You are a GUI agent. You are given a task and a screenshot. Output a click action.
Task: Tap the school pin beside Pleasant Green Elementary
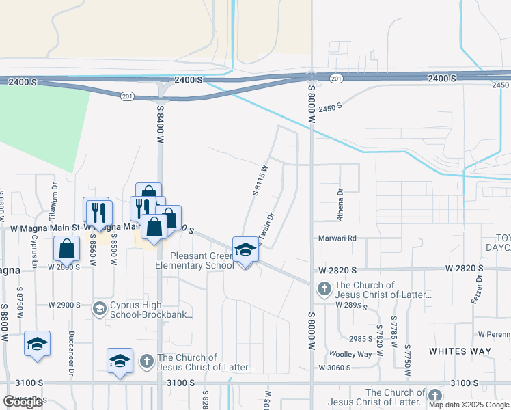[x=245, y=251]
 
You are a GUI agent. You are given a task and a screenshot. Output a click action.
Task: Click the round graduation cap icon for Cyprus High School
[x=99, y=309]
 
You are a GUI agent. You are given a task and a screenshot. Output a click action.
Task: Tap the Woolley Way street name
[x=350, y=354]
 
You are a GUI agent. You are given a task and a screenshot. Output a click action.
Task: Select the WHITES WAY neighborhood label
[x=460, y=351]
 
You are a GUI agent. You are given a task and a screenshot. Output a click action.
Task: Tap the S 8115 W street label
[x=260, y=180]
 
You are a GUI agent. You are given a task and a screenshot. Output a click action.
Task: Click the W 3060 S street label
[x=334, y=368]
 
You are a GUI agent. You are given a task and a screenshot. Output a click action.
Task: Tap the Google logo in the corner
[x=23, y=402]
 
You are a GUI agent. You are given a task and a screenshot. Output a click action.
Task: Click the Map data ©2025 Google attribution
[x=469, y=405]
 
